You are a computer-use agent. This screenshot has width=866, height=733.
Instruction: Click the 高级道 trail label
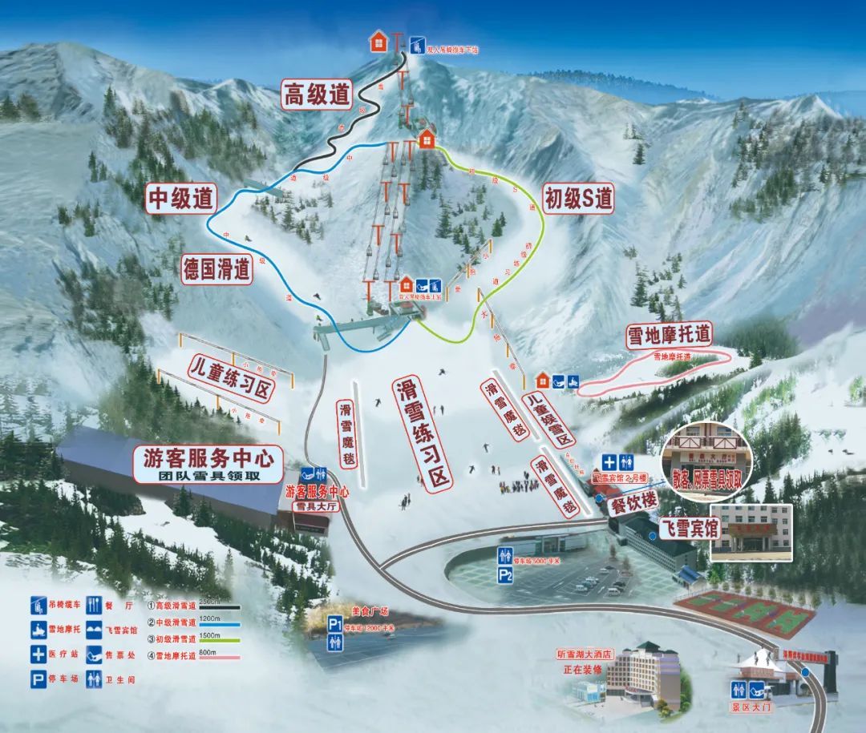point(317,95)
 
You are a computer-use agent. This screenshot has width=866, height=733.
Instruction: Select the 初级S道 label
point(578,197)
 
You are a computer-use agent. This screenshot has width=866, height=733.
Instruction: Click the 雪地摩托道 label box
point(671,335)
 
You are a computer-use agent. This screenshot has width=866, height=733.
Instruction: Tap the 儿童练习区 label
point(231,380)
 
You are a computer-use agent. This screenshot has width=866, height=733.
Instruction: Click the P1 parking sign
point(335,623)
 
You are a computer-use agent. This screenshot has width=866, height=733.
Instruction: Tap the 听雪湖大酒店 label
point(583,654)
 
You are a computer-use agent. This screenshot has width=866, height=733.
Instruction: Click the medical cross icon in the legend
point(38,653)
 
